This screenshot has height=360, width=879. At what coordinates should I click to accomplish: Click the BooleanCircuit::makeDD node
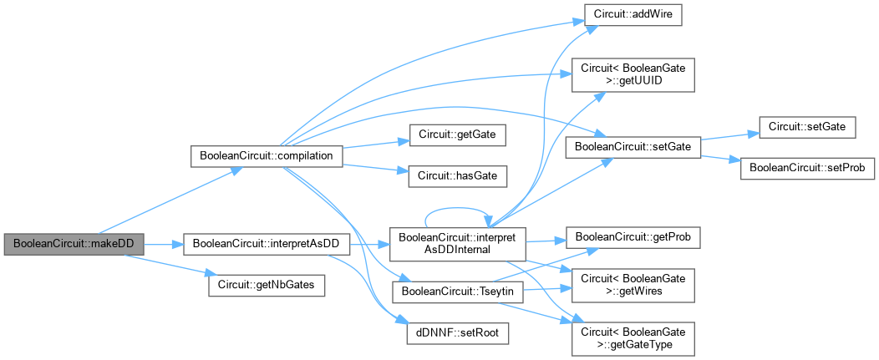pyautogui.click(x=73, y=244)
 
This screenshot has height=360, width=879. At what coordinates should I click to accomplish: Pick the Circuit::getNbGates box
pyautogui.click(x=267, y=284)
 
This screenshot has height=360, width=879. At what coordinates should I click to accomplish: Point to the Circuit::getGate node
pyautogui.click(x=457, y=133)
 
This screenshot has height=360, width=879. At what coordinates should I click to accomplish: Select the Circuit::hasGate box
pyautogui.click(x=457, y=173)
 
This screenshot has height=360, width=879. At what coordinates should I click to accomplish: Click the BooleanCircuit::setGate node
pyautogui.click(x=633, y=147)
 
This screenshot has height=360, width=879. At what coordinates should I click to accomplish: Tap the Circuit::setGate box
pyautogui.click(x=808, y=127)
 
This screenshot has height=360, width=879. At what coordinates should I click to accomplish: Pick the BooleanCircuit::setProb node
pyautogui.click(x=808, y=167)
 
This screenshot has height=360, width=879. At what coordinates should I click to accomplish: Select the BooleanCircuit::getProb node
pyautogui.click(x=633, y=238)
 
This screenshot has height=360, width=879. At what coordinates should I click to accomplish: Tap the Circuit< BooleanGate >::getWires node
pyautogui.click(x=633, y=286)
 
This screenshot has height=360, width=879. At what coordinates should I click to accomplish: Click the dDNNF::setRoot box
pyautogui.click(x=457, y=331)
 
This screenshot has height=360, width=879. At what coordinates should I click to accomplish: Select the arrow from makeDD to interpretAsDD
pyautogui.click(x=163, y=244)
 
